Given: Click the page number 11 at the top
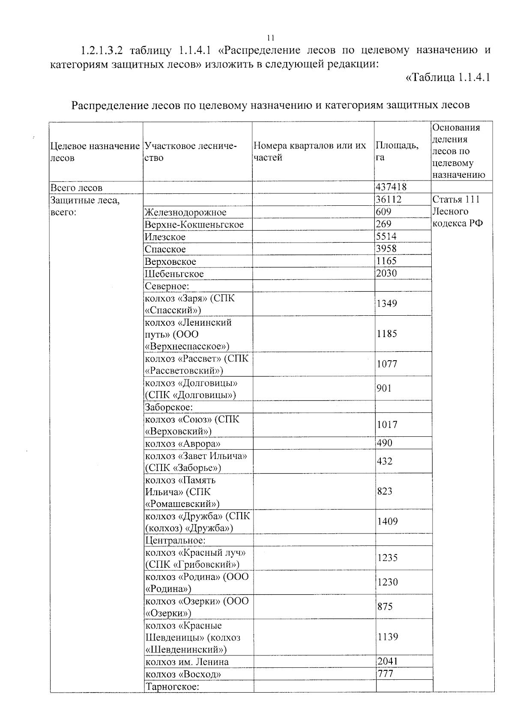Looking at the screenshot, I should pos(270,37).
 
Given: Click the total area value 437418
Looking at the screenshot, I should pos(391,187).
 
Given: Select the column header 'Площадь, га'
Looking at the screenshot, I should pos(397,151).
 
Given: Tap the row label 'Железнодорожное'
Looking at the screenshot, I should pos(185,212).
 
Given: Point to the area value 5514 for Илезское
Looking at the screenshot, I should pos(386,236).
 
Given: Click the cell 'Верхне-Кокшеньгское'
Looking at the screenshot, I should pos(194,225).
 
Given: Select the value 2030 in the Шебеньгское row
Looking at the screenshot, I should pos(386,273).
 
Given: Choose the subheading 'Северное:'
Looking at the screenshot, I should pos(167,286).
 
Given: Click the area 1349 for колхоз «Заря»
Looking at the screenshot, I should pos(387,303).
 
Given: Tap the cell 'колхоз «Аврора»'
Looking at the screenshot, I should pos(183,444).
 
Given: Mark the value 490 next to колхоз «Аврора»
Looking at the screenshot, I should pos(384,443).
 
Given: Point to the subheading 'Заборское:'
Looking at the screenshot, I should pos(169,407).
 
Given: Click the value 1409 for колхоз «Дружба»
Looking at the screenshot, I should pos(387,521).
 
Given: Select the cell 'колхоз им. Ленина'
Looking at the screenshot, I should pos(187,662).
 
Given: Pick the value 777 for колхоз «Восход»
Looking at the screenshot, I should pos(385,673).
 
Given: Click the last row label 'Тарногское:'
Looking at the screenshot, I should pos(172,687).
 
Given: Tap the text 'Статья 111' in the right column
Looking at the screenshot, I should pos(456,199).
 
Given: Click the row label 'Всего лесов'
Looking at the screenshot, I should pos(76,187).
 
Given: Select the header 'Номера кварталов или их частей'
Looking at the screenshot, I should pos(310,151).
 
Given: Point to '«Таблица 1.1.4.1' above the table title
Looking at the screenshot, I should pos(447,77).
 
